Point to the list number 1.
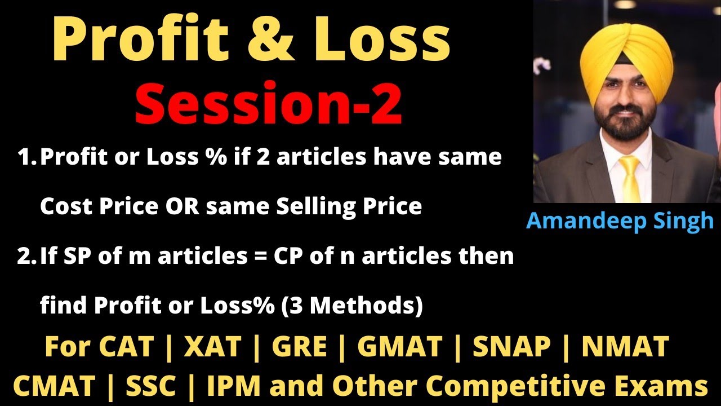(26, 158)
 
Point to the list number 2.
(26, 257)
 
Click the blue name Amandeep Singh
(620, 220)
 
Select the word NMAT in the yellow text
(625, 347)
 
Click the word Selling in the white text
(315, 207)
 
